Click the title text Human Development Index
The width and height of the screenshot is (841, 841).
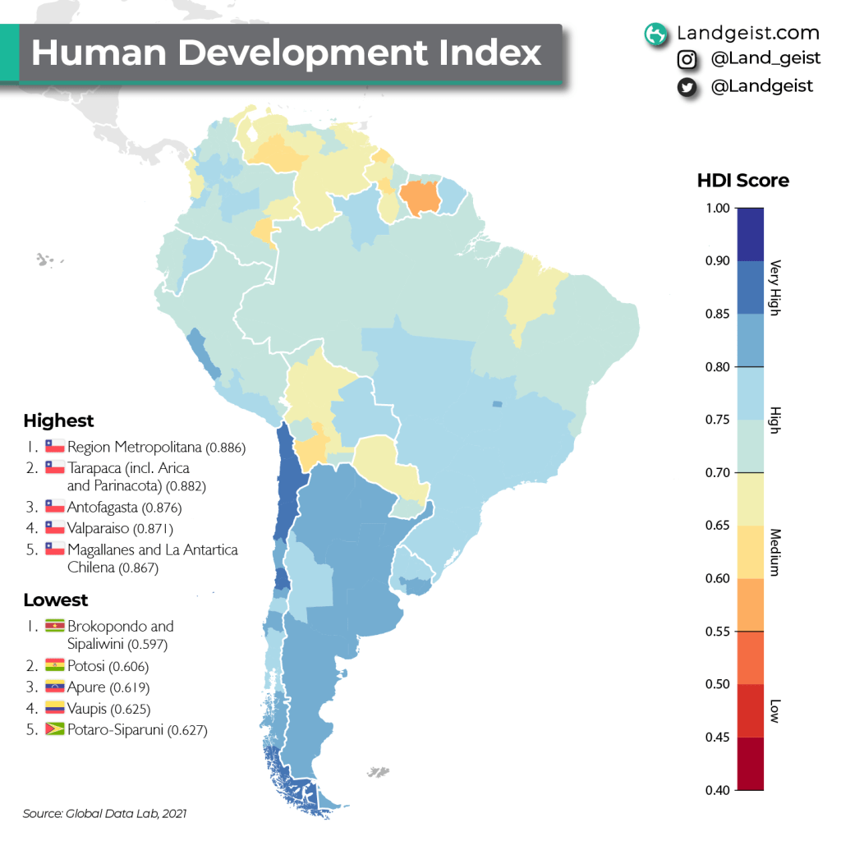coord(286,53)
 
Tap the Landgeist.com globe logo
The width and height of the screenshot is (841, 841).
coord(655,34)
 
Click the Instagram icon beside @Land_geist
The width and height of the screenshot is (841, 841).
coord(687,60)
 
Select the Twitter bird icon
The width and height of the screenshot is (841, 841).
coord(687,86)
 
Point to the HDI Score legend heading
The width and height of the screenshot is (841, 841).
coord(742,181)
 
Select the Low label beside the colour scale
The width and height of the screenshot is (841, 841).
coord(774,711)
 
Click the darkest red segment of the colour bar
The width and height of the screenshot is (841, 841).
coord(750,764)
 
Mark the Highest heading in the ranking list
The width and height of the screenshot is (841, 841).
coord(58,421)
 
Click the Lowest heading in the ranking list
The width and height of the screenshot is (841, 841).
coord(55,600)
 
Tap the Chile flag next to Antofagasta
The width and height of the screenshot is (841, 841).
coord(54,508)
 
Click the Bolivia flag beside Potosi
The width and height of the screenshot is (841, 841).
coord(54,666)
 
